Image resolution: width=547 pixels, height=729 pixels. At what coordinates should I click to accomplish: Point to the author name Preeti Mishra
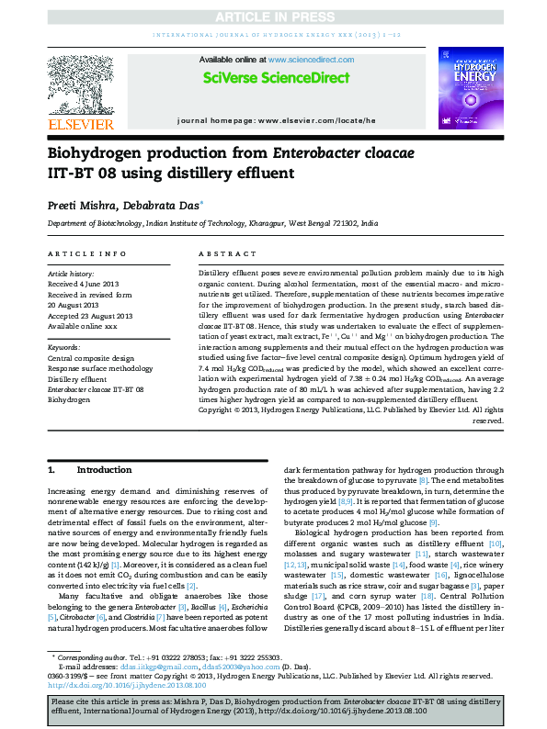tap(79, 205)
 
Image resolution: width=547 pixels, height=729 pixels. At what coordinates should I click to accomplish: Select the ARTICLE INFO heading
tap(86, 252)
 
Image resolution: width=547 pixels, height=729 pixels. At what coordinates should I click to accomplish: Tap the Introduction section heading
tap(104, 469)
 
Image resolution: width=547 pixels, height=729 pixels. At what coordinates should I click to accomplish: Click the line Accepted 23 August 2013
tap(90, 316)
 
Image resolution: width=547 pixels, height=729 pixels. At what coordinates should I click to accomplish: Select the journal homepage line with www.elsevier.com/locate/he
tap(290, 120)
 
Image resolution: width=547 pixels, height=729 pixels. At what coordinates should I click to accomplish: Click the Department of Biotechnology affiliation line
tap(212, 223)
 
